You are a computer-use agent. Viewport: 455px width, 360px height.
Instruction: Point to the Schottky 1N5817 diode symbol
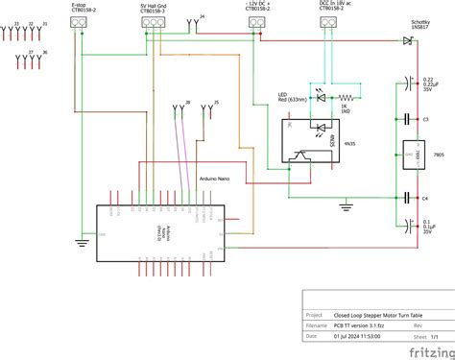[x=407, y=41]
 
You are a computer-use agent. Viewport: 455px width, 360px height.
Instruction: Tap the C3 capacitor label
[x=424, y=119]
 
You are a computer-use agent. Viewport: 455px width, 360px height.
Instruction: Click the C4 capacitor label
[x=424, y=198]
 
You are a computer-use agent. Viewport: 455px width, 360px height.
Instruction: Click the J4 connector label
[x=201, y=17]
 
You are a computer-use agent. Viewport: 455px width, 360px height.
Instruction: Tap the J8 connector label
[x=187, y=103]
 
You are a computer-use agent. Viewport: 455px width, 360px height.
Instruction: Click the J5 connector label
[x=215, y=103]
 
